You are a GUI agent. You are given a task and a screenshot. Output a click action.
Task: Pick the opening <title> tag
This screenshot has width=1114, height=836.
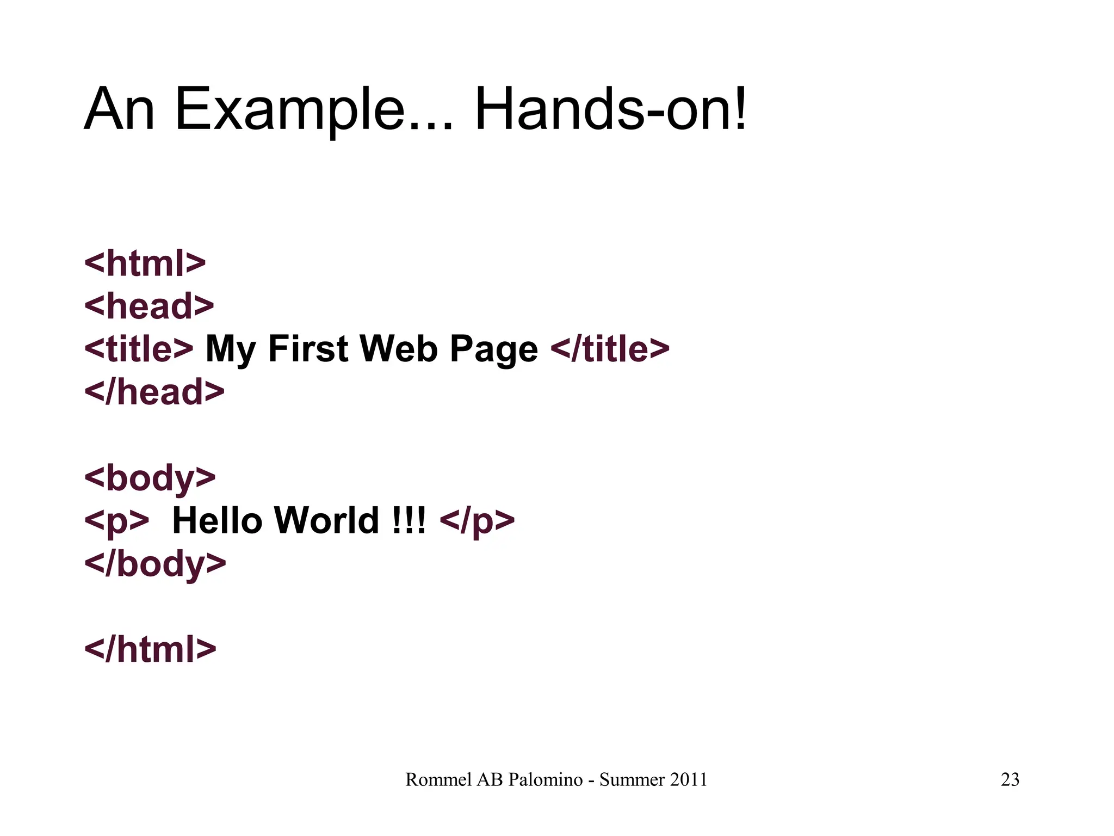(139, 349)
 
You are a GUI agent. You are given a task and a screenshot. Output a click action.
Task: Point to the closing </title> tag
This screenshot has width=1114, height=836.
(610, 349)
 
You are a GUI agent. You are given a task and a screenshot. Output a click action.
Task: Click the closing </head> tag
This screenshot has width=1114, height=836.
(154, 392)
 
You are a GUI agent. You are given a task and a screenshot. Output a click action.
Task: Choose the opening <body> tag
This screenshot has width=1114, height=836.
(150, 478)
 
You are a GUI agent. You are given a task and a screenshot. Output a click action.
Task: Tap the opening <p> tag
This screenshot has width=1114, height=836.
(116, 521)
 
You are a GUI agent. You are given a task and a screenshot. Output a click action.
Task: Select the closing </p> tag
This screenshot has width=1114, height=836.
(476, 521)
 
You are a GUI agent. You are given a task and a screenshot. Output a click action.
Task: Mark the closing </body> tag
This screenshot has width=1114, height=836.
(155, 564)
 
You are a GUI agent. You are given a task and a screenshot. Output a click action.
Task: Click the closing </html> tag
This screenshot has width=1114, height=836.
(150, 649)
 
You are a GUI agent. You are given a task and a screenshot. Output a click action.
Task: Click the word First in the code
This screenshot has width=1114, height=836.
(308, 349)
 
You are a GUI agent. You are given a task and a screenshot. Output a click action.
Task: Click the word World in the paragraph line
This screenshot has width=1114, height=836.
(326, 521)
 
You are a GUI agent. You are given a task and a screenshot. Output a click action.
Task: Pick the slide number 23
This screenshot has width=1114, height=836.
(1010, 780)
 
